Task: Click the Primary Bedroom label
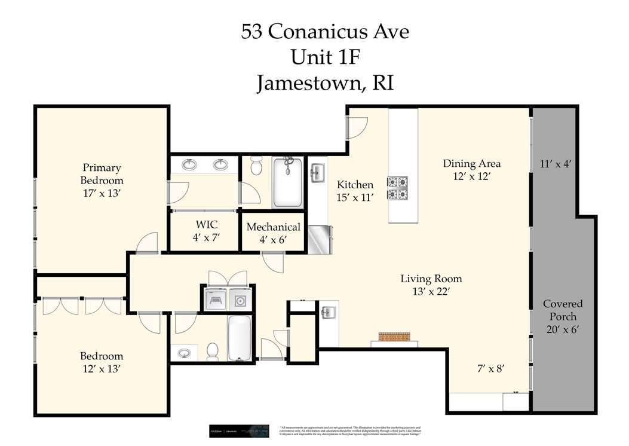[x=102, y=181]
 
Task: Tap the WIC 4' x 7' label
[x=207, y=231]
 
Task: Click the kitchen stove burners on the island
[x=398, y=188]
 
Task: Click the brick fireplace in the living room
[x=394, y=337]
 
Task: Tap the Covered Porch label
[x=563, y=316]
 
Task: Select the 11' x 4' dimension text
[x=556, y=163]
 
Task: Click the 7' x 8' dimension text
[x=487, y=369]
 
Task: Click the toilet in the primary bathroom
[x=256, y=166]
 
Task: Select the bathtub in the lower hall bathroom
[x=240, y=338]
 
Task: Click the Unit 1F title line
[x=326, y=57]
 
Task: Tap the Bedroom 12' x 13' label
[x=102, y=362]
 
